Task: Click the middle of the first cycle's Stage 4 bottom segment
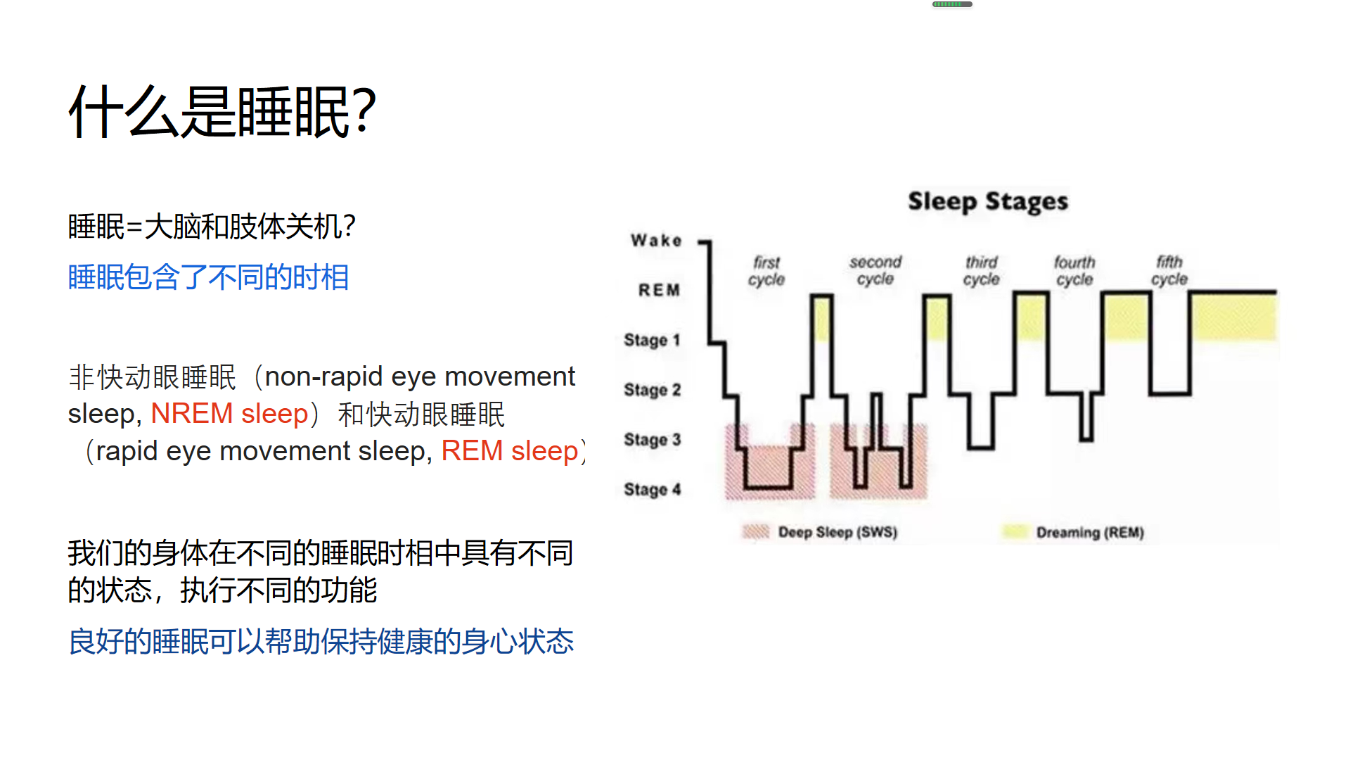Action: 769,487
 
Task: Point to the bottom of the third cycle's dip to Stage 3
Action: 981,447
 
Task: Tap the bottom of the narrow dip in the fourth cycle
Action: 1086,440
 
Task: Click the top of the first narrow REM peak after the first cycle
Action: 821,296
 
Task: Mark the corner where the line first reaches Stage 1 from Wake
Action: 709,343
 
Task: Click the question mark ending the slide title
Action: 364,111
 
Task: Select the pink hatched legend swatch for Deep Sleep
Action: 756,532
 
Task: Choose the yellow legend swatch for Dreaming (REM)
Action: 1015,532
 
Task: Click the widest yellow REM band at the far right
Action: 1234,317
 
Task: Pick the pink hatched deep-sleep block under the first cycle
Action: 770,462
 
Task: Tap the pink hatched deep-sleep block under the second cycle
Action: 878,462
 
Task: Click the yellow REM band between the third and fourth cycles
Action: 1031,318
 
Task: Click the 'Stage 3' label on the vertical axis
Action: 653,440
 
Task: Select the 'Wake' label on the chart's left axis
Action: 656,241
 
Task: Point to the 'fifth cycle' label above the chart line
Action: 1169,271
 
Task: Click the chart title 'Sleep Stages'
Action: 988,202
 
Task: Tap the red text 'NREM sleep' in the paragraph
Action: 229,414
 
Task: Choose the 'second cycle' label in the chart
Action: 875,271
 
